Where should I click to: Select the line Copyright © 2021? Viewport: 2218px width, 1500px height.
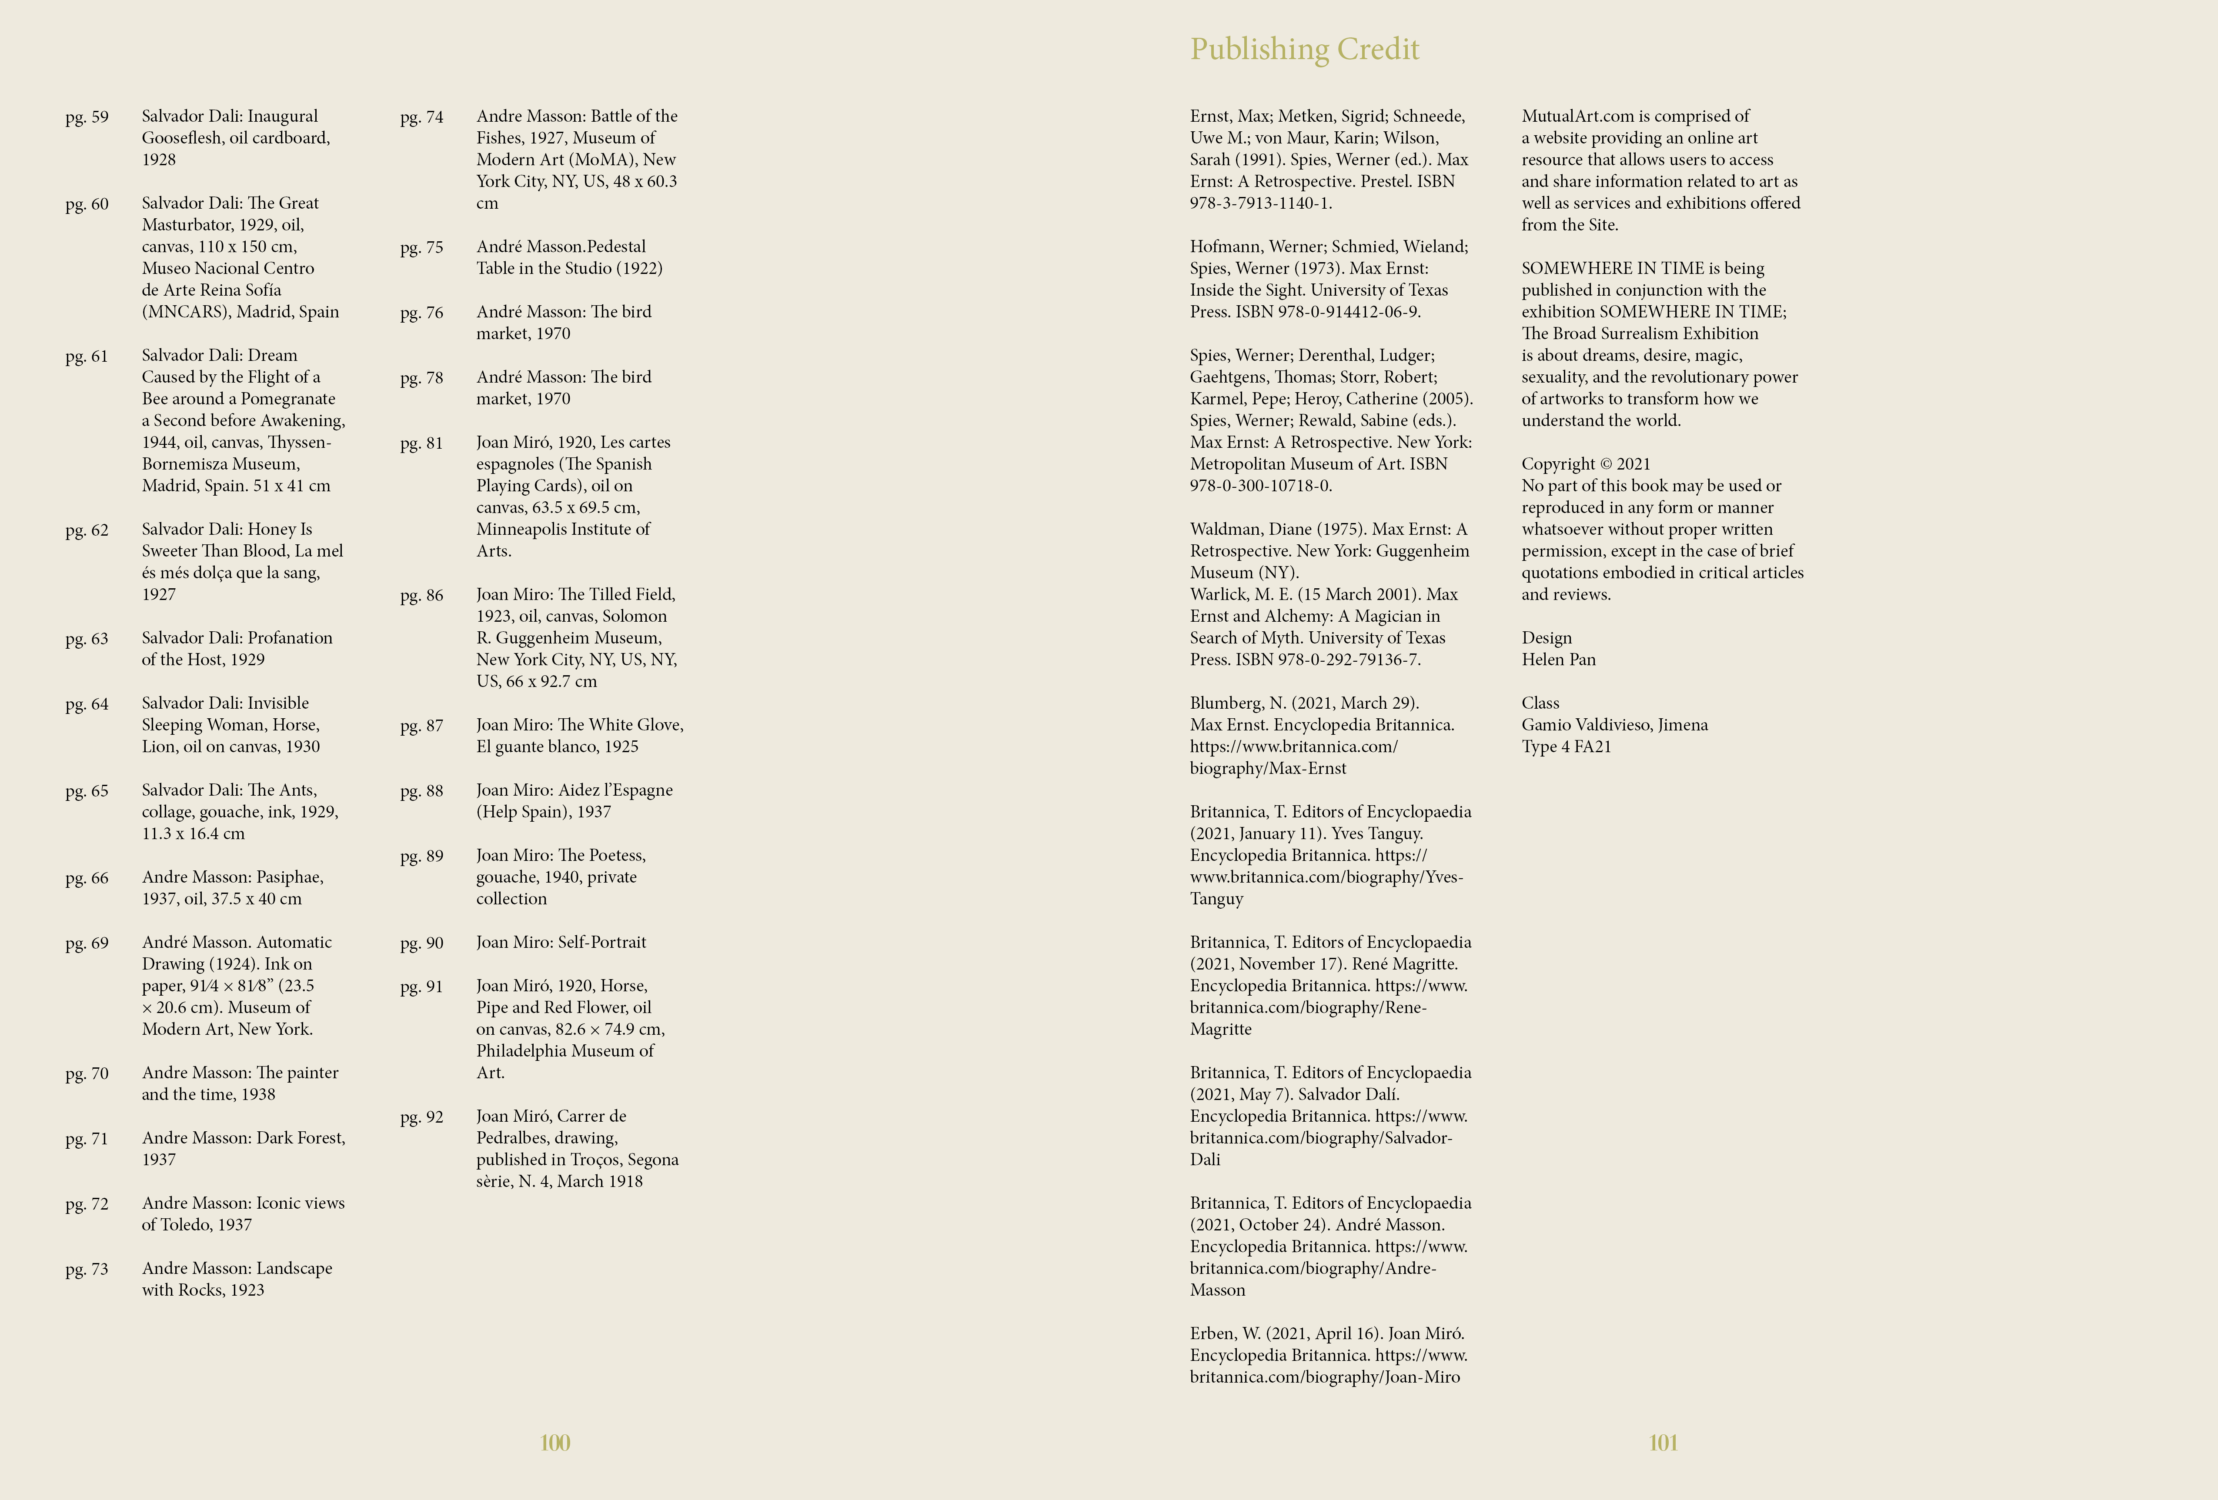pyautogui.click(x=1585, y=464)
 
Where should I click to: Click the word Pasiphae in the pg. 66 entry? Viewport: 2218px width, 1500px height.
pyautogui.click(x=290, y=877)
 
